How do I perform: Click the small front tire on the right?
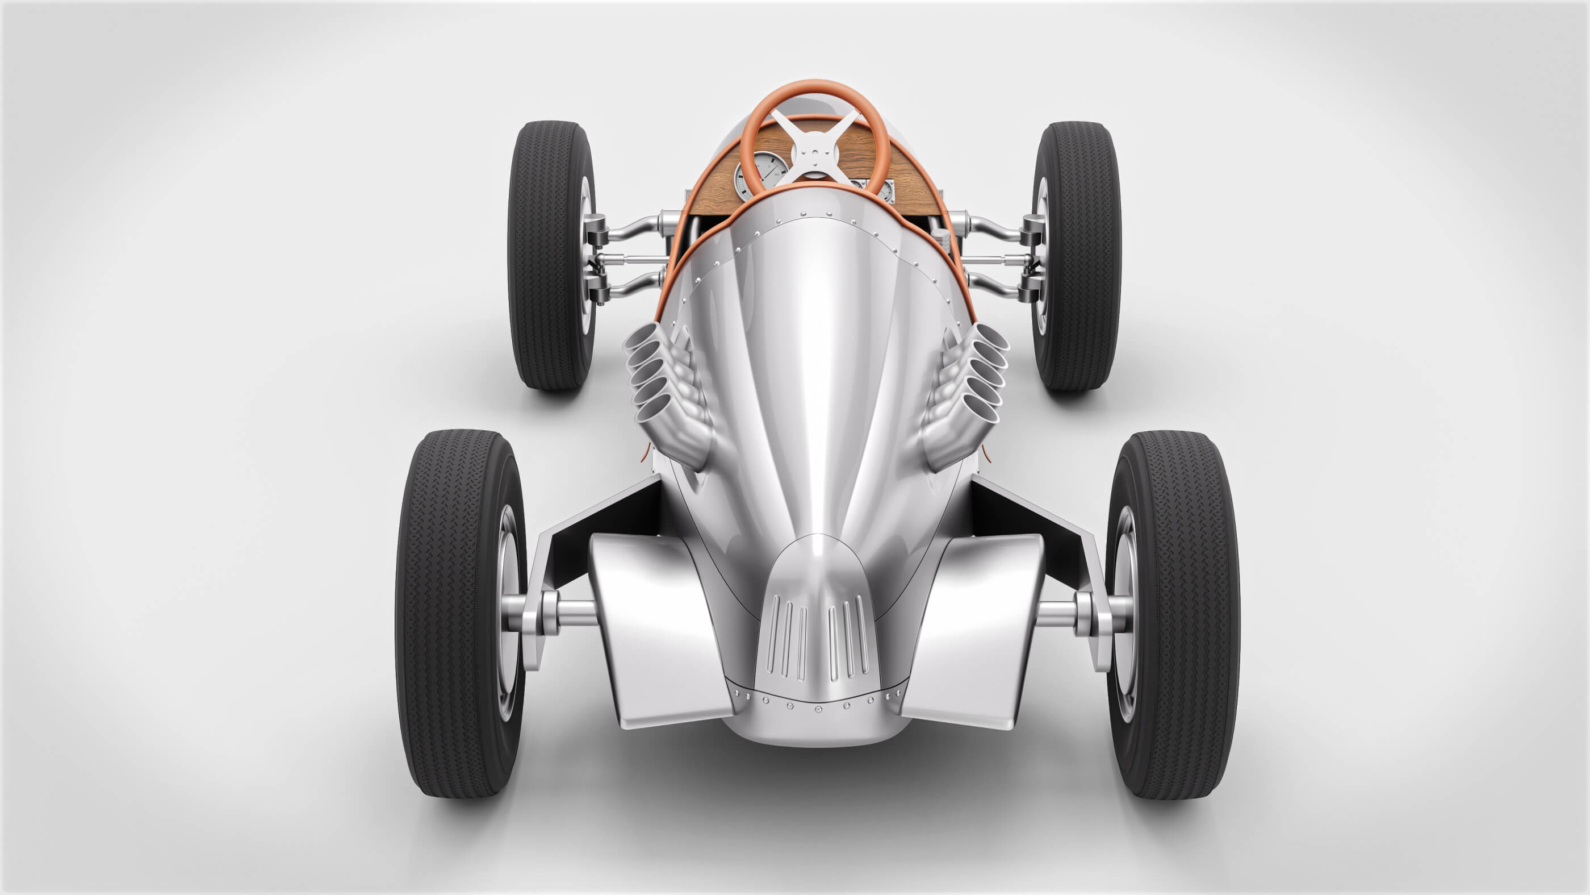click(x=1077, y=255)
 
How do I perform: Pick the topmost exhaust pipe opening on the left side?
click(x=644, y=337)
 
